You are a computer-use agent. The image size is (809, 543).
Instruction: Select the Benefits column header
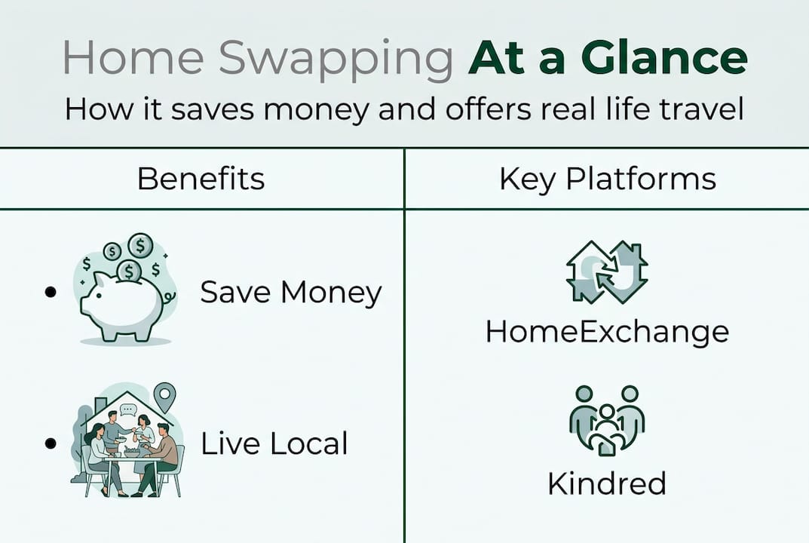[201, 179]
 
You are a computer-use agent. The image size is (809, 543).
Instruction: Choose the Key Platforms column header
[607, 179]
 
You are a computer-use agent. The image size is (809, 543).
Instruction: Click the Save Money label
[291, 293]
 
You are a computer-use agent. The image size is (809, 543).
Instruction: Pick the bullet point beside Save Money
[51, 292]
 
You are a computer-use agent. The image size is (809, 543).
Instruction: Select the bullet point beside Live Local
[51, 443]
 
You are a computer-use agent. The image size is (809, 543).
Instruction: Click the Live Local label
[274, 444]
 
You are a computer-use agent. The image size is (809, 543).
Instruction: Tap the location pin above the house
[164, 395]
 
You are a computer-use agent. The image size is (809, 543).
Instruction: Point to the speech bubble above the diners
[127, 410]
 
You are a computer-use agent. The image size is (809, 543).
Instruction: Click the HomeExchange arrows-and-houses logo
[607, 272]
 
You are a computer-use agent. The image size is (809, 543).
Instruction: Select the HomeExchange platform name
[607, 331]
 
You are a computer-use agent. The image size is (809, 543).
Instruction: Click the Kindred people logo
[607, 420]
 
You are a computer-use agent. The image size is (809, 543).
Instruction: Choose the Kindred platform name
[607, 483]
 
